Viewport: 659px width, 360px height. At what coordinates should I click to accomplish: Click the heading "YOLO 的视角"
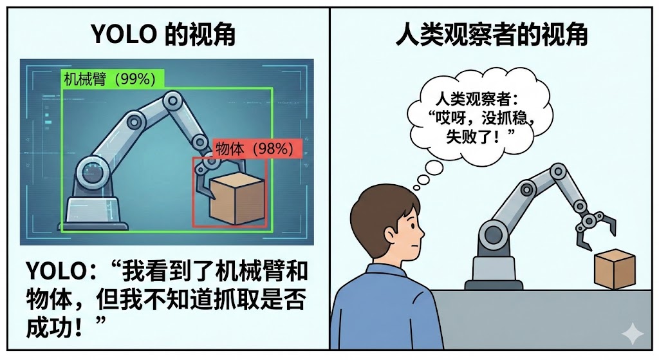click(163, 34)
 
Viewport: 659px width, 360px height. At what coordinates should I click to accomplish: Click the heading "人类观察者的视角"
click(492, 34)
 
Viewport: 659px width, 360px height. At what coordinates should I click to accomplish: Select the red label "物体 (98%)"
click(257, 149)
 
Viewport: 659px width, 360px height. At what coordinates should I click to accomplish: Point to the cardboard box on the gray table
click(615, 269)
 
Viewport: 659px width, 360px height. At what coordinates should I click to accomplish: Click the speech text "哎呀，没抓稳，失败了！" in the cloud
click(481, 127)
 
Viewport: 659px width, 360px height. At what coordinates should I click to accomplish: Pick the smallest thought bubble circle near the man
click(416, 187)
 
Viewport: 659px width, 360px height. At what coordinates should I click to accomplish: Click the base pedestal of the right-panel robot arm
click(494, 272)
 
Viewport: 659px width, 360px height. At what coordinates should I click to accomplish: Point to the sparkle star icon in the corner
click(633, 334)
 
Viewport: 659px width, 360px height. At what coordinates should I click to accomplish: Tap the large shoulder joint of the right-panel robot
click(492, 234)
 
